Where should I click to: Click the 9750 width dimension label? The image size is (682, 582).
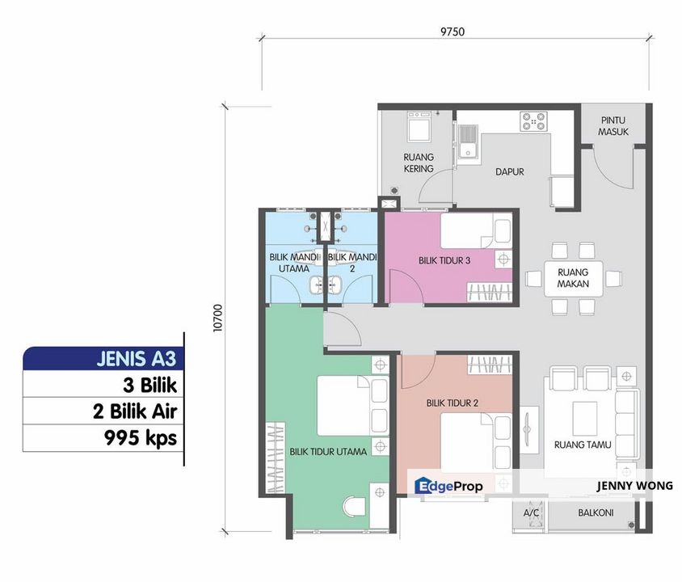(453, 32)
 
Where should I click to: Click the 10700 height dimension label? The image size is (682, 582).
(217, 318)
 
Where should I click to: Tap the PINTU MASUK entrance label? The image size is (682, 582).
(613, 126)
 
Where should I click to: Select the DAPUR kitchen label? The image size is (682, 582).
(510, 172)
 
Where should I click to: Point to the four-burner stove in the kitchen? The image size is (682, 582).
(533, 121)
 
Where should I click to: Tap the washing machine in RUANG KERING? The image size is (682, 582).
(419, 127)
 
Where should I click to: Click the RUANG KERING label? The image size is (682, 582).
(419, 162)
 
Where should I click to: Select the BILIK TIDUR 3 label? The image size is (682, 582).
(444, 260)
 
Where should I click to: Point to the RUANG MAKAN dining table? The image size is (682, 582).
(573, 278)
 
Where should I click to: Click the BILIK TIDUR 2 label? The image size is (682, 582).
(453, 403)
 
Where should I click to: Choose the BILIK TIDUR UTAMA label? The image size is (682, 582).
(328, 452)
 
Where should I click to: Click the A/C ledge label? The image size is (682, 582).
(531, 512)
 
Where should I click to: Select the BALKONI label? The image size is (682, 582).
(596, 512)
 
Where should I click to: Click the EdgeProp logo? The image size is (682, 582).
(448, 486)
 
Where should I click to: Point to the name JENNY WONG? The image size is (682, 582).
(634, 486)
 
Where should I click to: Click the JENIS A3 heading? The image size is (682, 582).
(136, 359)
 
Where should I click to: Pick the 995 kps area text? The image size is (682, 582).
(141, 438)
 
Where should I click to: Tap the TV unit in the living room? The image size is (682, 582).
(528, 428)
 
